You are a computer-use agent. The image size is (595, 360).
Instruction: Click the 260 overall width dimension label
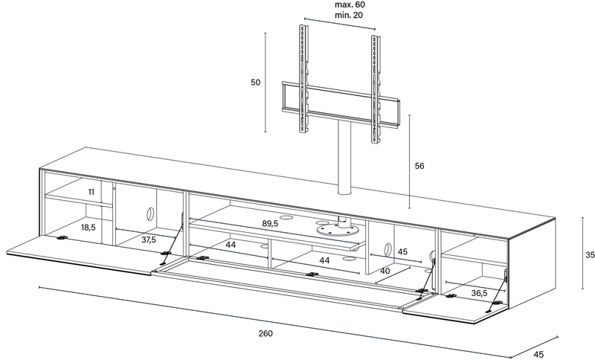(266, 333)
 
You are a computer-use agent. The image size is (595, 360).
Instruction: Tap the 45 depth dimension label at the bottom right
(538, 355)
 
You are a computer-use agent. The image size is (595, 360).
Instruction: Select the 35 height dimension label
(590, 255)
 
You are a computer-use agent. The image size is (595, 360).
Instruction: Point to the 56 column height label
(419, 166)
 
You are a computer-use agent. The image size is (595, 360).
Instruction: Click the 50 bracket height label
(255, 83)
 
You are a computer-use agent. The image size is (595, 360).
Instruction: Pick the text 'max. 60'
(350, 5)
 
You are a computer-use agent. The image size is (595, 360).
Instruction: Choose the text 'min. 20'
(349, 15)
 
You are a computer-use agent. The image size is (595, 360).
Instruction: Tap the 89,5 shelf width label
(270, 223)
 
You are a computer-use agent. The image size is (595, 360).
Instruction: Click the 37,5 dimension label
(149, 240)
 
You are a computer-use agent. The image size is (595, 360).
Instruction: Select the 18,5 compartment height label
(88, 228)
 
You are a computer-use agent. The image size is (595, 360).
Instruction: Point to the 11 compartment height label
(91, 192)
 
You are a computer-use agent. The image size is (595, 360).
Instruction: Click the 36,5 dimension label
(479, 293)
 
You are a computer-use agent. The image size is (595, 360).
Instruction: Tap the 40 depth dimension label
(385, 271)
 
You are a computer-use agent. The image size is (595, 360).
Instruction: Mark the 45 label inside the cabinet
(402, 251)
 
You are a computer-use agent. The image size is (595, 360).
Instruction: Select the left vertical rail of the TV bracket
(303, 79)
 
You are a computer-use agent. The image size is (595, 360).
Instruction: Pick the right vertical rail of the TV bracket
(376, 89)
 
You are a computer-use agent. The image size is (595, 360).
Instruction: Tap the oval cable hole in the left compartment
(150, 213)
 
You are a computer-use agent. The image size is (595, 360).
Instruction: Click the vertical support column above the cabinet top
(345, 158)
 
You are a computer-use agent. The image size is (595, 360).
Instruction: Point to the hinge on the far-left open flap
(62, 238)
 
